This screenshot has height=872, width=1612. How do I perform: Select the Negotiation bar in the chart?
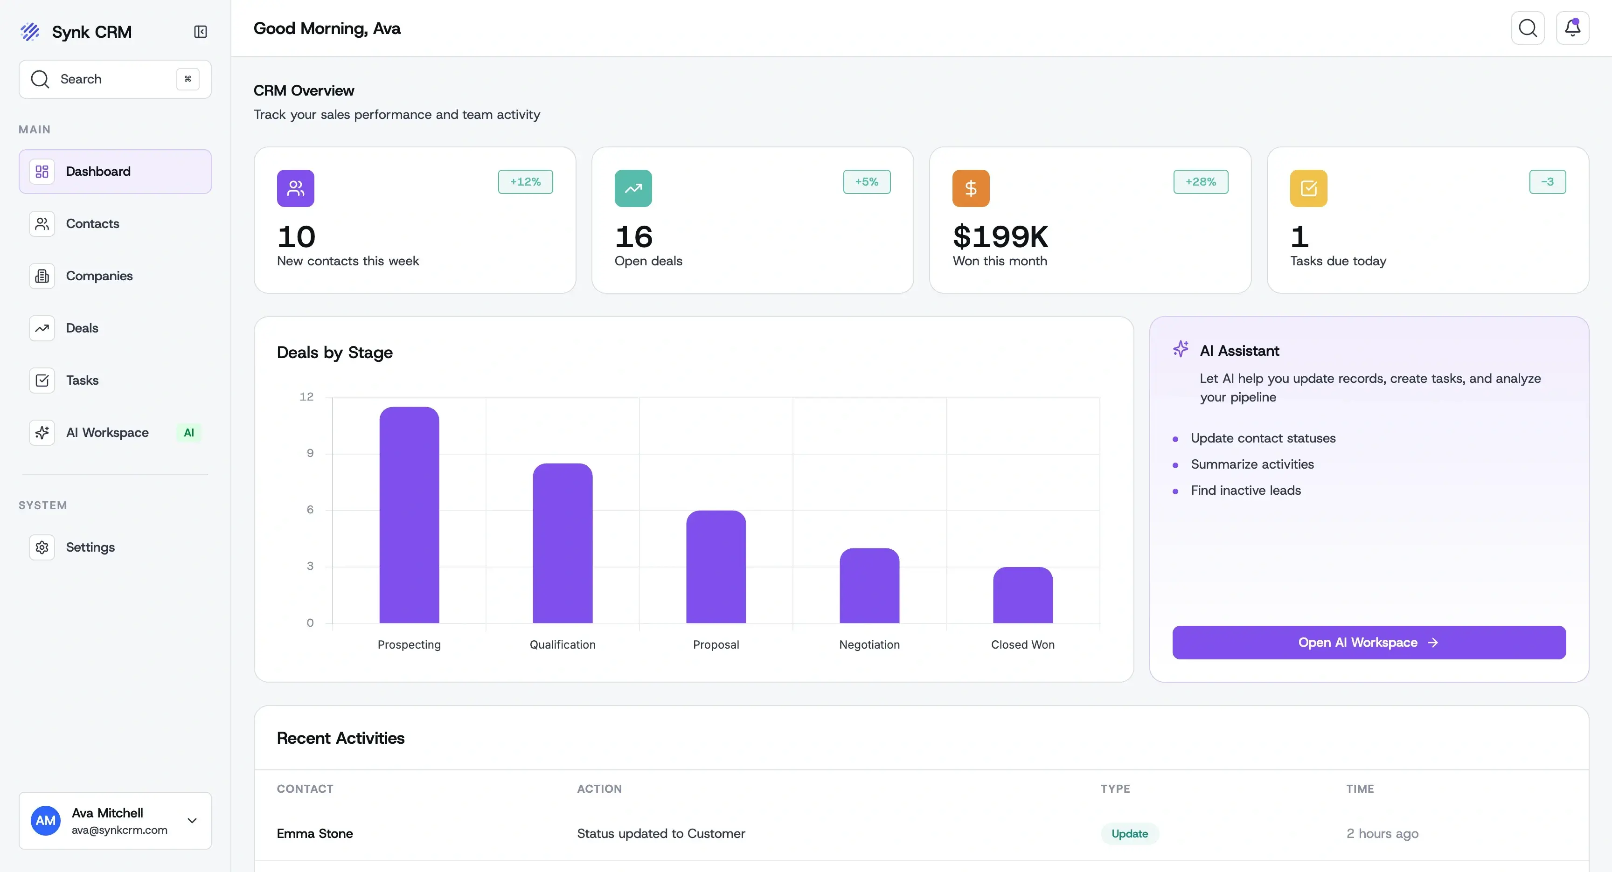(x=869, y=586)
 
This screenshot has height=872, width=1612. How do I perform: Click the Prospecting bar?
(x=409, y=515)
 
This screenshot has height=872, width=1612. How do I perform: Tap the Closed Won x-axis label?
(x=1022, y=644)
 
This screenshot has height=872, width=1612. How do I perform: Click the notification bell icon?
(x=1572, y=28)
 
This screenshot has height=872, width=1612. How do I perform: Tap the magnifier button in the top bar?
(x=1528, y=28)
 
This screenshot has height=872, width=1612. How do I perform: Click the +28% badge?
(x=1200, y=182)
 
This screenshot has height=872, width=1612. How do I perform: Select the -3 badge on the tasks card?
(x=1547, y=182)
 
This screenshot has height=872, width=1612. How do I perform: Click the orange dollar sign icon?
(x=971, y=188)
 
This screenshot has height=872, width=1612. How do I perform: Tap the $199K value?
(x=1000, y=237)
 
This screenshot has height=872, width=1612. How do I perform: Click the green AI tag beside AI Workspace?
(x=188, y=433)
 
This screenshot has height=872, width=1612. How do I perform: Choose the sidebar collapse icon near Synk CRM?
(x=200, y=32)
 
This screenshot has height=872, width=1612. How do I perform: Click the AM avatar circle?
(x=46, y=821)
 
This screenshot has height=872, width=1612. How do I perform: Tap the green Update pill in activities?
(x=1130, y=834)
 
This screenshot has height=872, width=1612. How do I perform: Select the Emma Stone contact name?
(x=315, y=834)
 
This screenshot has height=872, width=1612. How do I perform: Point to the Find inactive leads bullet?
(x=1245, y=491)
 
